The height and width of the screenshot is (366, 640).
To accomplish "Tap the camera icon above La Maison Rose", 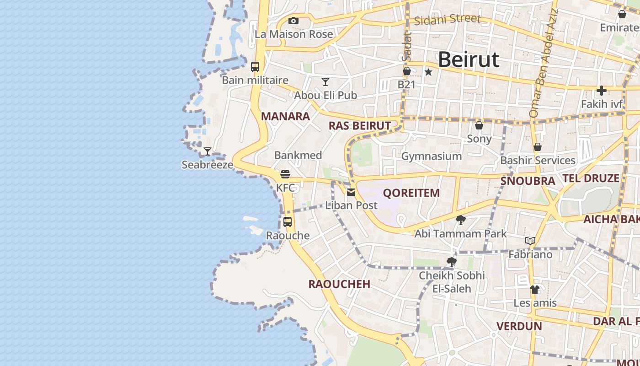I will (293, 21).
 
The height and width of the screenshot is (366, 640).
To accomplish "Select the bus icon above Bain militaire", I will (255, 67).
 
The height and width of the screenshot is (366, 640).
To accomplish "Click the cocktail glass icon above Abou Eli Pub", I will (325, 82).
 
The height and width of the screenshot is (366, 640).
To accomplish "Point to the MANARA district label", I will (285, 116).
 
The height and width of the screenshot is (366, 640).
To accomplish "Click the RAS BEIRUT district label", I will (360, 126).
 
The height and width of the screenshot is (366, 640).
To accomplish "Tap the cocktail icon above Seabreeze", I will (208, 151).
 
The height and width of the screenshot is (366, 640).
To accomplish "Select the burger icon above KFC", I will (285, 174).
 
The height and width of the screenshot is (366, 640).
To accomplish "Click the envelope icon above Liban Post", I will (351, 192).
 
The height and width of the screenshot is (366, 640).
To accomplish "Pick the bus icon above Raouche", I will (288, 222).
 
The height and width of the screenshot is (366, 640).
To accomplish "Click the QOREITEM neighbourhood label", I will (411, 193).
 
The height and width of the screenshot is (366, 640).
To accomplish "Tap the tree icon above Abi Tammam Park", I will (460, 220).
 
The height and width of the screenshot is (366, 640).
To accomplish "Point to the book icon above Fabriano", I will (530, 241).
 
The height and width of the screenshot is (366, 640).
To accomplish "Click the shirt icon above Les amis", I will (535, 290).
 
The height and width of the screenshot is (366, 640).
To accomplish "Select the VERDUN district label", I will (519, 326).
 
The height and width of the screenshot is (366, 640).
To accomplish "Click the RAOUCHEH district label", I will (339, 284).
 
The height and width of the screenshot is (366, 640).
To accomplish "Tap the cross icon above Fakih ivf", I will (602, 91).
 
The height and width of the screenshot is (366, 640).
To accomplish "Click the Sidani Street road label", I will (448, 19).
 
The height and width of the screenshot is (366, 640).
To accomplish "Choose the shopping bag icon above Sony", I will (479, 125).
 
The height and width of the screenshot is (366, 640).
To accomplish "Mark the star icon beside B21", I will (428, 72).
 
